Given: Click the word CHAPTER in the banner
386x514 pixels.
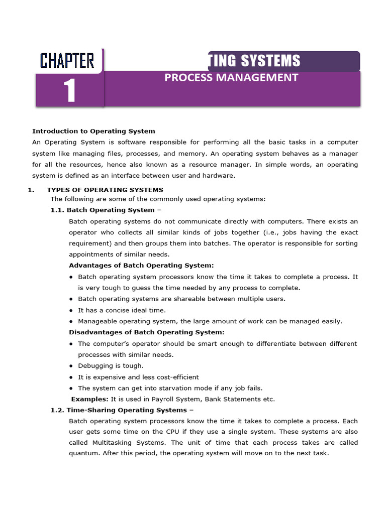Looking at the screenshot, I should (x=67, y=61).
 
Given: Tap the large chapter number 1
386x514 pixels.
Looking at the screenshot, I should (x=69, y=92).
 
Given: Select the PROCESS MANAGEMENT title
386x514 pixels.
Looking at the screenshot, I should (x=231, y=77).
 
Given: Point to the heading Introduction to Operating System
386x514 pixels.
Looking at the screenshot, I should (x=93, y=131).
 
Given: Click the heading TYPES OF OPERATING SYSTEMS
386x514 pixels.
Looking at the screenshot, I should (x=105, y=190).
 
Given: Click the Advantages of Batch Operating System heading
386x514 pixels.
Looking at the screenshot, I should (x=141, y=266).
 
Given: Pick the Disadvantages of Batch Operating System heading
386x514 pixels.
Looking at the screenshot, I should (x=147, y=332).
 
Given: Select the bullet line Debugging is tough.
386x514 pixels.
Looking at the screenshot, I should (x=111, y=366).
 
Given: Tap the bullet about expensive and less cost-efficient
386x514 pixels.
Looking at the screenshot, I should (x=138, y=377).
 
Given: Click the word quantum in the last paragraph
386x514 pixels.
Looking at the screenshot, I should (x=83, y=453).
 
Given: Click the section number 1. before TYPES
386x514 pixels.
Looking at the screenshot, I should (x=30, y=190).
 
